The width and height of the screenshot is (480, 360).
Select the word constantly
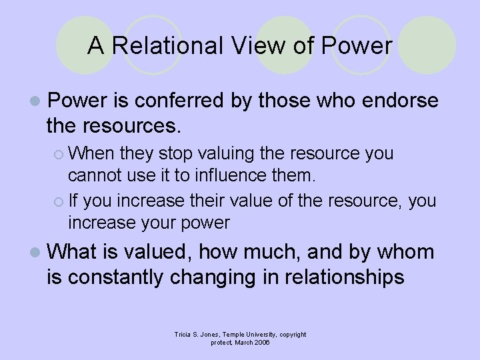(125, 276)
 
